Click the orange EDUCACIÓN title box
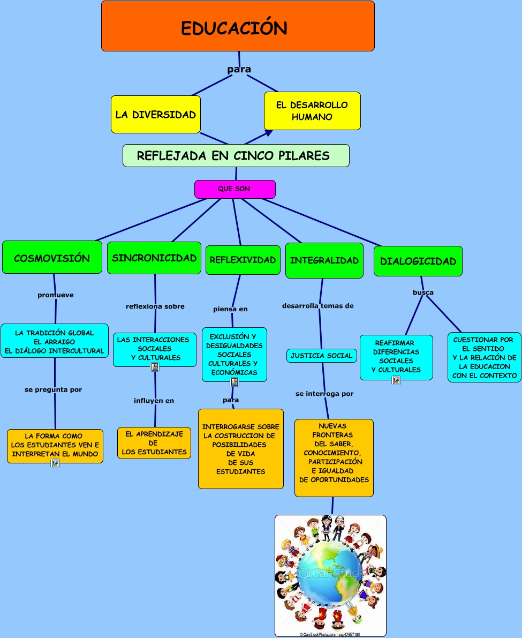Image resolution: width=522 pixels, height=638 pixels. click(x=238, y=26)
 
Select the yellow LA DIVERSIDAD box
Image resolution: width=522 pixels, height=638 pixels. click(x=156, y=114)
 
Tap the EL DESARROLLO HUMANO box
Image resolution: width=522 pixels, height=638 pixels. click(x=312, y=111)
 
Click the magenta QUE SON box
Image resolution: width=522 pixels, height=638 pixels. click(x=234, y=189)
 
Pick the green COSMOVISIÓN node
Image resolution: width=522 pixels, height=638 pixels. click(x=52, y=258)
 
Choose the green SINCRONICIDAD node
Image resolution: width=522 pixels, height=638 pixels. click(x=154, y=258)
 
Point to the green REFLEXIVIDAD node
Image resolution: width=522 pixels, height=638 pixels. click(x=243, y=260)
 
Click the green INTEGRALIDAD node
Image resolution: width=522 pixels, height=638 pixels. click(x=324, y=260)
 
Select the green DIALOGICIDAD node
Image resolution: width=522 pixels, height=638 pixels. click(x=418, y=261)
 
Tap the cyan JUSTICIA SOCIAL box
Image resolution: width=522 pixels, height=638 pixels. click(x=322, y=356)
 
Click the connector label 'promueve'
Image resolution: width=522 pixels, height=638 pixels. click(x=56, y=295)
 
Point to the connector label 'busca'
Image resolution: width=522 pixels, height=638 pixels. click(x=423, y=292)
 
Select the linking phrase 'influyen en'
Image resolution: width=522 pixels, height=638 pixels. click(x=154, y=401)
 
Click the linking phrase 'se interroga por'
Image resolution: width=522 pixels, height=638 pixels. click(x=324, y=394)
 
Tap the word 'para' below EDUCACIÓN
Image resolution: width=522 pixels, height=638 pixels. click(x=239, y=69)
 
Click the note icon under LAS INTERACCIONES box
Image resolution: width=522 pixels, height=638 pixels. click(x=155, y=367)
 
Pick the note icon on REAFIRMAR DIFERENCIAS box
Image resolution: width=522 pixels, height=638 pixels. click(x=396, y=380)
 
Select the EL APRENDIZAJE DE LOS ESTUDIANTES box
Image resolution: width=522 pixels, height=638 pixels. click(x=154, y=443)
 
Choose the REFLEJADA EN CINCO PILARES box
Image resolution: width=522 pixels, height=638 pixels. click(x=236, y=156)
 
